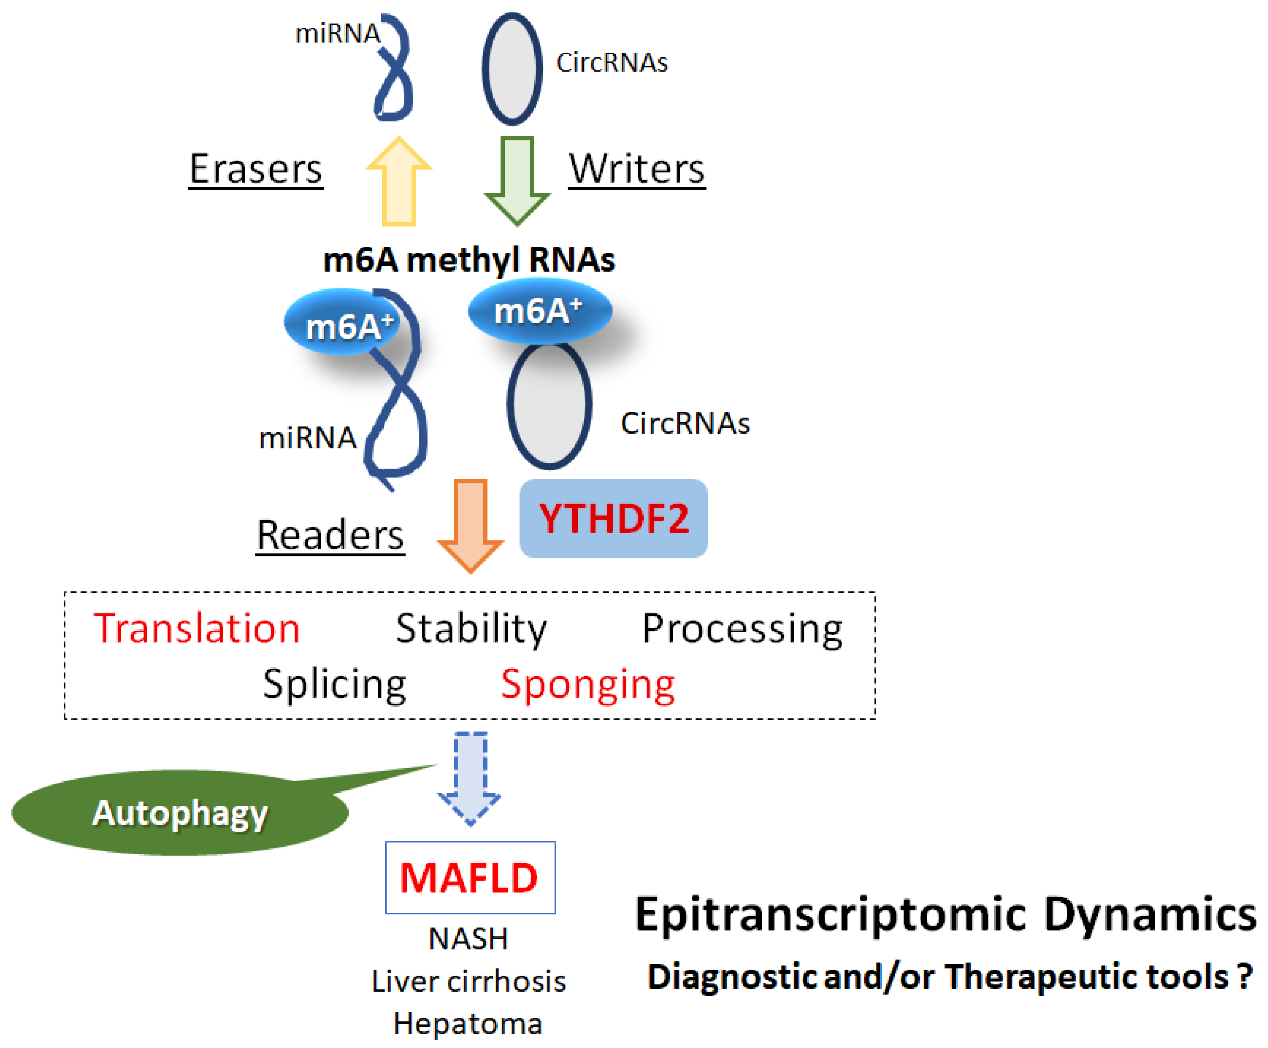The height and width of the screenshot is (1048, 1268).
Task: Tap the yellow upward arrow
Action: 399,181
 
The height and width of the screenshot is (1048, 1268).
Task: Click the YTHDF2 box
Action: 613,518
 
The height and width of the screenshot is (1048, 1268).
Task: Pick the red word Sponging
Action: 587,685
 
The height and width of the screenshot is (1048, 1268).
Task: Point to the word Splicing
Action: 335,685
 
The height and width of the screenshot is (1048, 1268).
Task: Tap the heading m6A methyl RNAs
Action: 469,260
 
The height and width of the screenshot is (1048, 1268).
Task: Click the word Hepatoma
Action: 468,1023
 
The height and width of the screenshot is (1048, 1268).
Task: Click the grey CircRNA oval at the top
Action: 512,68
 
